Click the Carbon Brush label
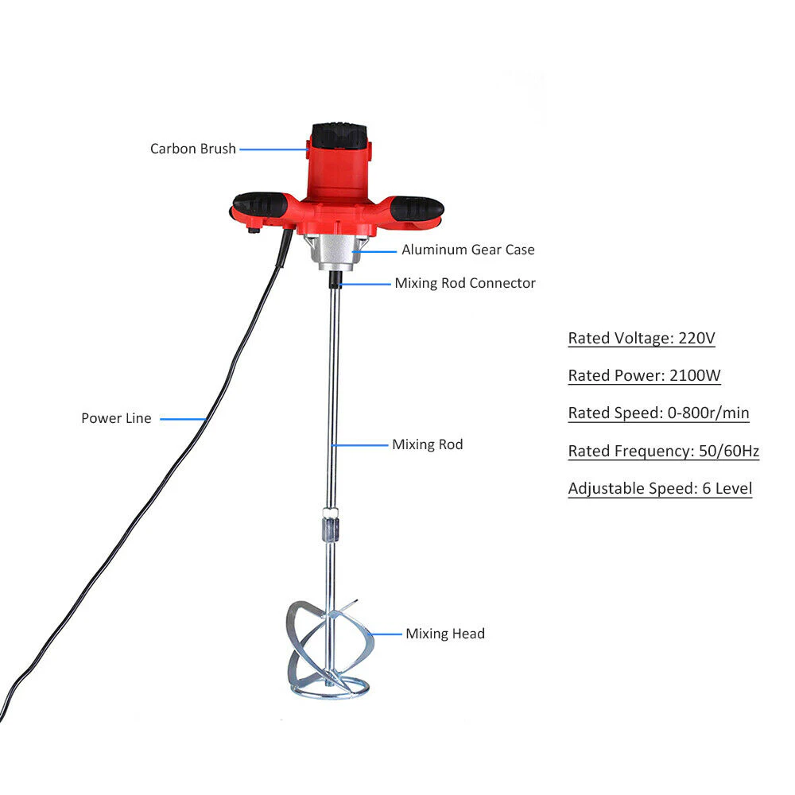[193, 149]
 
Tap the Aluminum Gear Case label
[467, 250]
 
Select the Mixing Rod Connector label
[465, 283]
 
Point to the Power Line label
[116, 418]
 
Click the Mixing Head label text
[445, 634]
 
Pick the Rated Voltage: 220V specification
[642, 339]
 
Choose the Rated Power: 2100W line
[644, 376]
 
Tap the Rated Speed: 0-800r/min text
[658, 413]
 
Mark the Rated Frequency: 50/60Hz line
[663, 452]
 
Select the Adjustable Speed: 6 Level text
[660, 489]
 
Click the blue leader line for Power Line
[183, 419]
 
